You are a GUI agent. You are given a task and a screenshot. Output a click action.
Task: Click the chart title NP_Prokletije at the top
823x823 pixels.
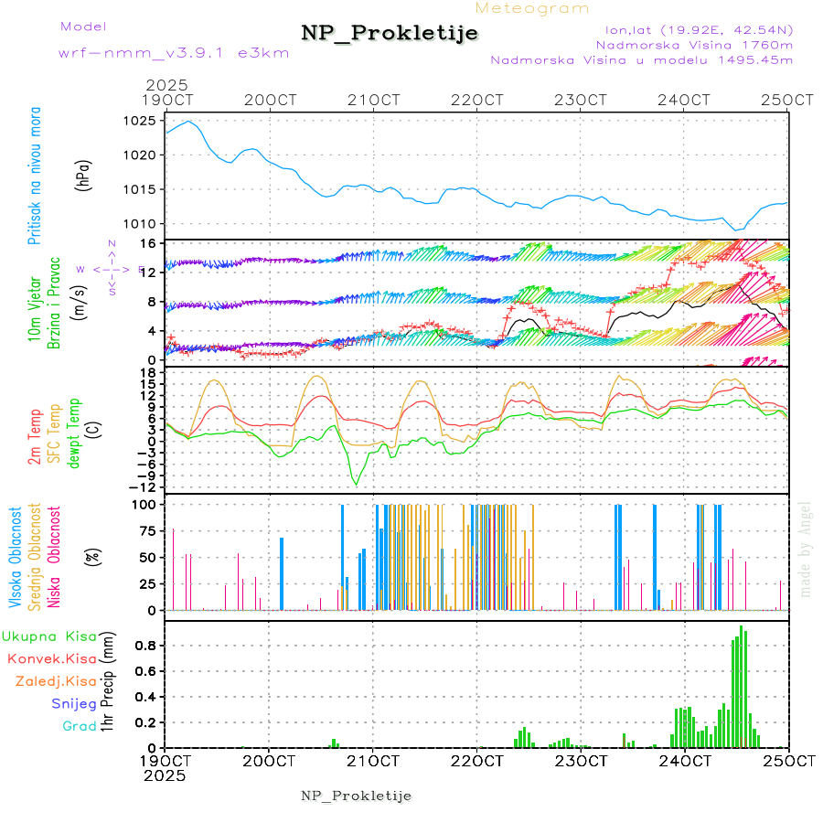[390, 34]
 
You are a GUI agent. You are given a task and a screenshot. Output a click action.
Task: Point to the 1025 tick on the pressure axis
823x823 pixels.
[141, 121]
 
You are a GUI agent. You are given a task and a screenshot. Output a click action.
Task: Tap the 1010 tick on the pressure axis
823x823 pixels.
[141, 224]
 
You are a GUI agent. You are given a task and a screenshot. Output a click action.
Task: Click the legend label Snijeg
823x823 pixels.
[74, 703]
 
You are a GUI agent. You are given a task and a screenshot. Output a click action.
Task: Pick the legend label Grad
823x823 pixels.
[80, 726]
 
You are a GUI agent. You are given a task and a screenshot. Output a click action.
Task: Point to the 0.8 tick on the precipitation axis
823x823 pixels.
[147, 645]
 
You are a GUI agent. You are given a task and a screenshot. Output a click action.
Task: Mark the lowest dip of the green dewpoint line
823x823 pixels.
[357, 485]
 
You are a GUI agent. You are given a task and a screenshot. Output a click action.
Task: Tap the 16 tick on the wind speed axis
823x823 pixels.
[146, 243]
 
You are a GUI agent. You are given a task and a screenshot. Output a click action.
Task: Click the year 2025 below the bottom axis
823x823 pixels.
[166, 775]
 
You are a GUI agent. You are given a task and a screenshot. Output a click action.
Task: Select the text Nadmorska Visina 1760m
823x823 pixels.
[694, 44]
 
